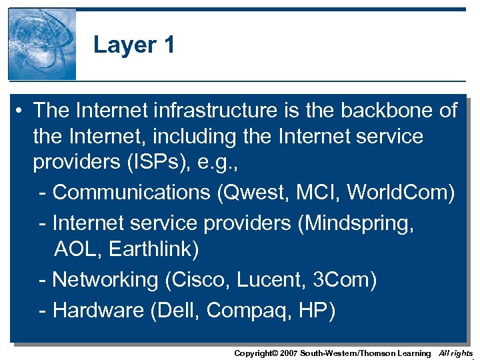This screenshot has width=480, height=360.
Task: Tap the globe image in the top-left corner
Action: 42,44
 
